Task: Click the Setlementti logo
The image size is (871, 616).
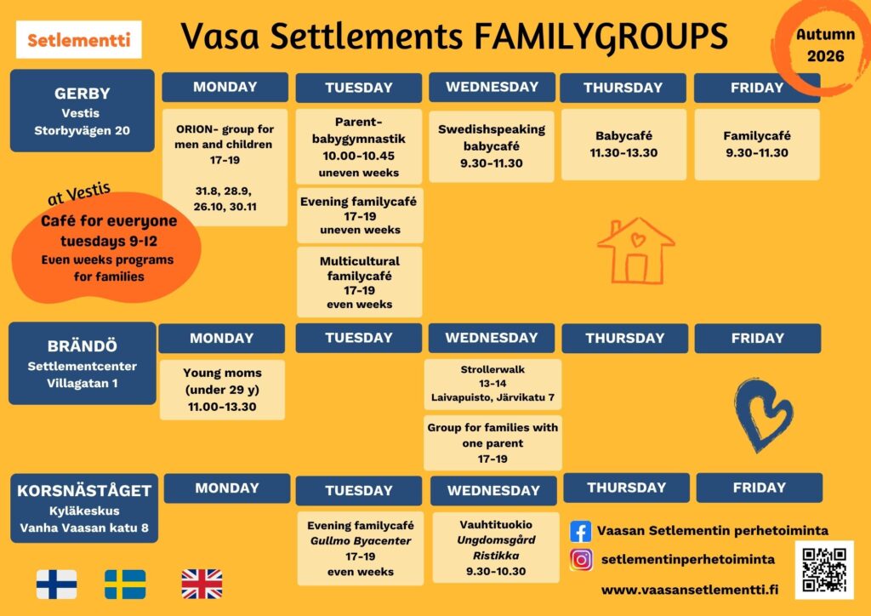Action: click(78, 39)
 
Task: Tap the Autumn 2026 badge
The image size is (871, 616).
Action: click(825, 45)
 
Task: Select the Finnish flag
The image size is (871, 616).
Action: click(57, 585)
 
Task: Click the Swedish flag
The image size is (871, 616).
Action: click(125, 585)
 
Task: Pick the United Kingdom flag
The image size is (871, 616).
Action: click(202, 585)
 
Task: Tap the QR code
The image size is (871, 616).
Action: click(824, 570)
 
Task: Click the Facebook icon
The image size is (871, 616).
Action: click(580, 532)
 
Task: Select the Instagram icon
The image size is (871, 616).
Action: click(581, 559)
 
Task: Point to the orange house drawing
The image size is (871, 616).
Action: click(636, 250)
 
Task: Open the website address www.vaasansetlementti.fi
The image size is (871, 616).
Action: click(689, 590)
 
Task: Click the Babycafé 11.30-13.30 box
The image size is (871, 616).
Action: click(623, 145)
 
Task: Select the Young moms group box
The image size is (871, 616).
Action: click(222, 390)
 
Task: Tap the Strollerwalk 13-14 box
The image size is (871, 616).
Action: click(492, 384)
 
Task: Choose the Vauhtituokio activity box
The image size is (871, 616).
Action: click(496, 548)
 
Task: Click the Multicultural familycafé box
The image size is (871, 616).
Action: click(360, 282)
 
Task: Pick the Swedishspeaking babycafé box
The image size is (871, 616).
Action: click(492, 146)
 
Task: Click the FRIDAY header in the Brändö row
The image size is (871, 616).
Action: click(758, 339)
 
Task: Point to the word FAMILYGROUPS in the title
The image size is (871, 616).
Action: click(601, 37)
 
